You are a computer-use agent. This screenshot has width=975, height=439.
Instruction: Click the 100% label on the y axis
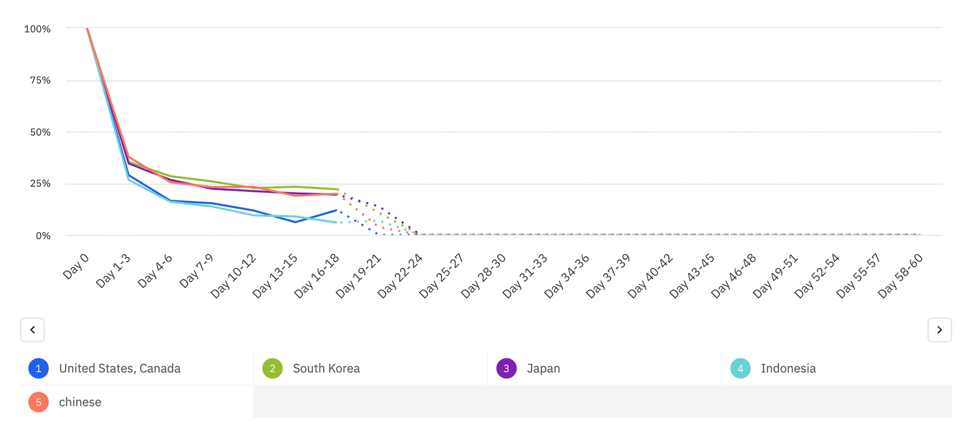pos(37,29)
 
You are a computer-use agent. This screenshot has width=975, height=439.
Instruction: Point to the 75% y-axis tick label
pos(40,81)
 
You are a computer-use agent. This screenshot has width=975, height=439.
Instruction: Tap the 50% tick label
pos(40,132)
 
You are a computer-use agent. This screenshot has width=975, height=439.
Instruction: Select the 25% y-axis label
pos(40,184)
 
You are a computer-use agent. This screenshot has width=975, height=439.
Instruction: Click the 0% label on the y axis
pos(43,235)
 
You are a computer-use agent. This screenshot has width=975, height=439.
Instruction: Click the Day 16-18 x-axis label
pos(317,276)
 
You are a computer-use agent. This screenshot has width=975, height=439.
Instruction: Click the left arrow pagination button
pos(32,330)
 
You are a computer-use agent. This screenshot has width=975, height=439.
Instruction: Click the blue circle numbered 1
pos(39,368)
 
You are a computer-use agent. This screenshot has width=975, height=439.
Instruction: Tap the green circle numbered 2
pos(272,368)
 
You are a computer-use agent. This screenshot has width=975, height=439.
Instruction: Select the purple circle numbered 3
pos(507,368)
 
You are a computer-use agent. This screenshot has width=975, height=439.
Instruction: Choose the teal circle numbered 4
pos(740,368)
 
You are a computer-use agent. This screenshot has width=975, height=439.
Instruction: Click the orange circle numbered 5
pos(39,402)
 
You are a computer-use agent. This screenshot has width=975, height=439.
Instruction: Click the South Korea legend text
pos(326,368)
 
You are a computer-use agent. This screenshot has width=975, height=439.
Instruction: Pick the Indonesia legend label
pos(788,368)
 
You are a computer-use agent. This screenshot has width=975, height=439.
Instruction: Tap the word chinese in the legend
pos(80,402)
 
